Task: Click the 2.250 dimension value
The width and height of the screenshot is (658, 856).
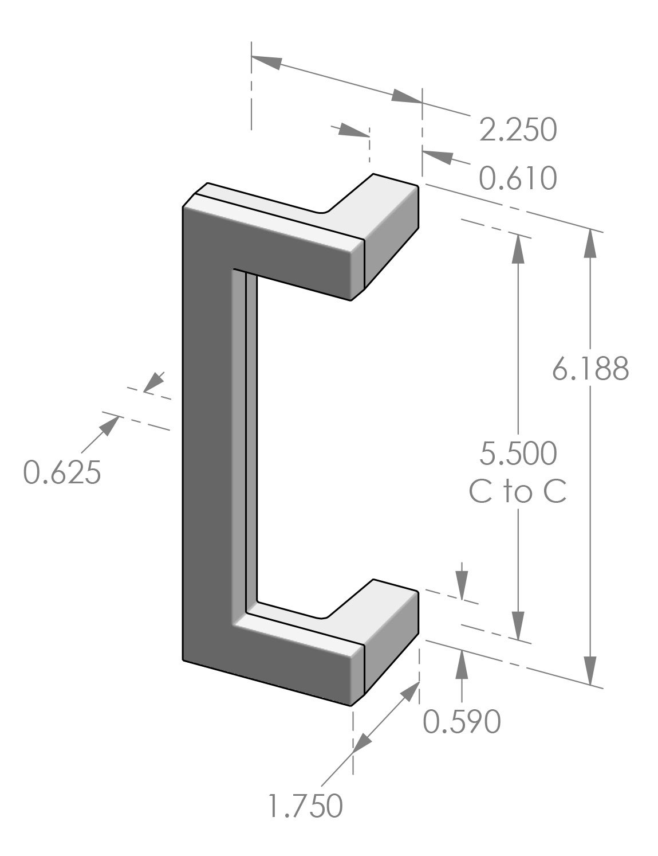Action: pos(517,130)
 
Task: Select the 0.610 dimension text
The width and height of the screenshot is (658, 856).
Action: pos(517,178)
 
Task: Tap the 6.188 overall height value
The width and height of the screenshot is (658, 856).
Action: pos(590,369)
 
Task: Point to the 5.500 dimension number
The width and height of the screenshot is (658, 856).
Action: pos(518,454)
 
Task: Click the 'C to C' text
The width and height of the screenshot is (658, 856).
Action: pos(518,493)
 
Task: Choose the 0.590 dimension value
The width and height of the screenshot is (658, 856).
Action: pos(462,722)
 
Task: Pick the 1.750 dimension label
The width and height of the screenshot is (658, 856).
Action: pos(306,806)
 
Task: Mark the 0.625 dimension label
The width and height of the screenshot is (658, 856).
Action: pos(62,473)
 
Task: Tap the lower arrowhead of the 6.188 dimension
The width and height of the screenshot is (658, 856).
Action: pos(590,671)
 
